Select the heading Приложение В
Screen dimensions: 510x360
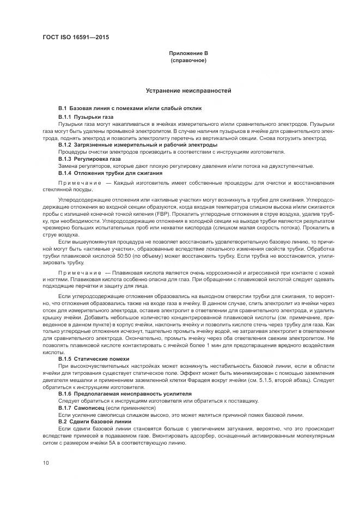click(188, 53)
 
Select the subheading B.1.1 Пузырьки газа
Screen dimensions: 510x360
click(86, 117)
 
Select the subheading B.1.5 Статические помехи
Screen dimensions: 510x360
click(94, 359)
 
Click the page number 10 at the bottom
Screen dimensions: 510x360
click(46, 463)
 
